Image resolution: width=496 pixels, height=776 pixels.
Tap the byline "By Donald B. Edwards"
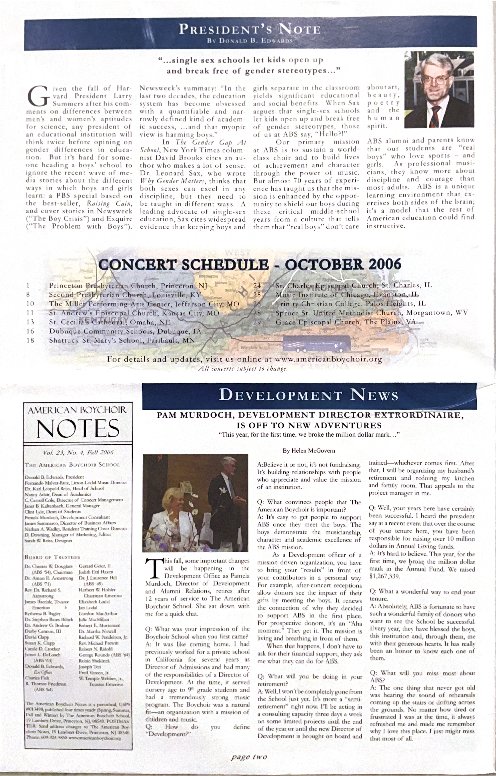pyautogui.click(x=250, y=41)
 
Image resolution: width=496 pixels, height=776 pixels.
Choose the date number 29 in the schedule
pyautogui.click(x=257, y=322)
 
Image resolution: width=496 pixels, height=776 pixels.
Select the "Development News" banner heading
pyautogui.click(x=309, y=395)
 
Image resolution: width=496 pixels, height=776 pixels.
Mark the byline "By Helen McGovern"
pyautogui.click(x=309, y=451)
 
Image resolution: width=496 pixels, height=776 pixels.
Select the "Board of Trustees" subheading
pyautogui.click(x=52, y=557)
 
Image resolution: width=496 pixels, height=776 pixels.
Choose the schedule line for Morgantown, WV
pyautogui.click(x=371, y=313)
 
